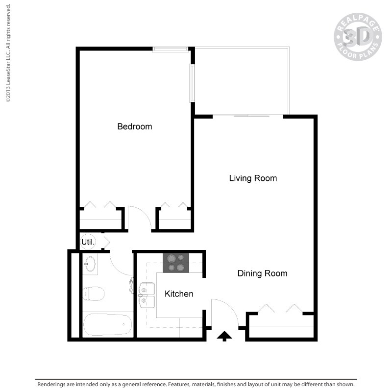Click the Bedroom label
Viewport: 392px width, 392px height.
(x=135, y=126)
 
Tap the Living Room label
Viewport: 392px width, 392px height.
(x=253, y=178)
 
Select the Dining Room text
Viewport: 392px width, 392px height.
(x=262, y=273)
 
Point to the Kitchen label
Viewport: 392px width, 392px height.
(x=178, y=294)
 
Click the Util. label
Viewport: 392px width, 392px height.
(x=88, y=242)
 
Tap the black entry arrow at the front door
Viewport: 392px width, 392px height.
(x=225, y=336)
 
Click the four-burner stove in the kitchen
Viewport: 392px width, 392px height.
(x=176, y=262)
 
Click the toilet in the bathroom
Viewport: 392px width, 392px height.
(x=94, y=294)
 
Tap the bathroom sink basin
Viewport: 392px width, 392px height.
(x=90, y=264)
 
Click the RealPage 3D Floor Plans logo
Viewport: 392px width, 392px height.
(x=357, y=36)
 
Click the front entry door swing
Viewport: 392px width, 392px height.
(x=223, y=314)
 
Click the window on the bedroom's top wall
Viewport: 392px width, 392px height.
(x=170, y=49)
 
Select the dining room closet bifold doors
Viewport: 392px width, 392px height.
(x=279, y=309)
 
